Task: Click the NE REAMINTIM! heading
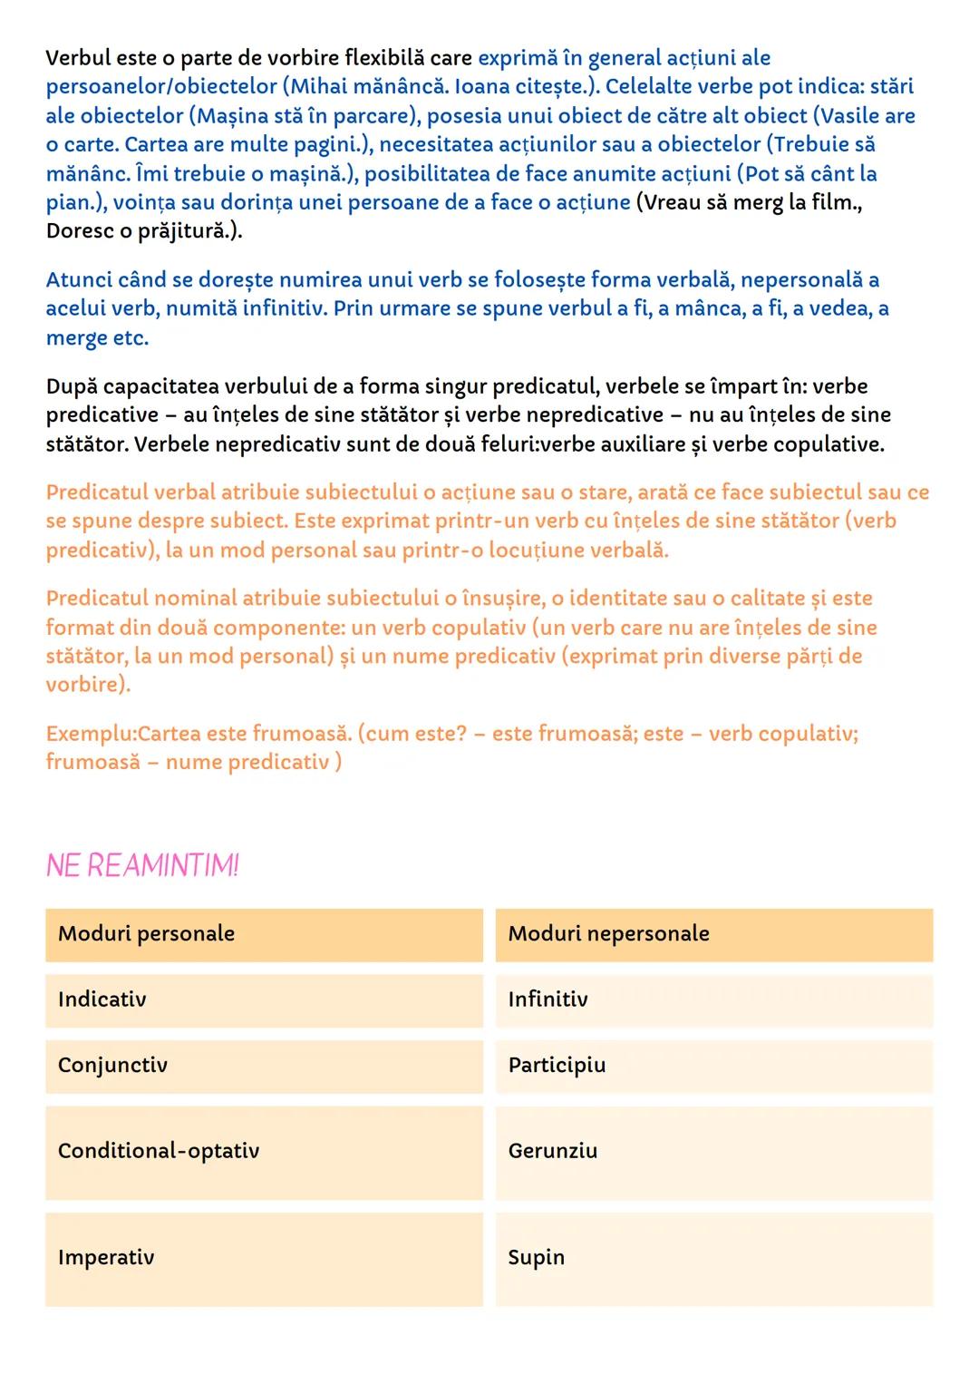click(142, 866)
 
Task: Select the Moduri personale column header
click(264, 934)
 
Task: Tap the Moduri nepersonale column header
click(713, 934)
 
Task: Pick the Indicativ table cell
click(264, 999)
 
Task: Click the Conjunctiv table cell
click(264, 1066)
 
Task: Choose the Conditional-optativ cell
click(264, 1152)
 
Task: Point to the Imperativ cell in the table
click(264, 1258)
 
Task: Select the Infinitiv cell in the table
click(713, 999)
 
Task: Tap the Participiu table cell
click(713, 1066)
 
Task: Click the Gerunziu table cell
click(713, 1152)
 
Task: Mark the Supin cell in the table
click(713, 1258)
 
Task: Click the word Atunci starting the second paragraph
click(77, 280)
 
